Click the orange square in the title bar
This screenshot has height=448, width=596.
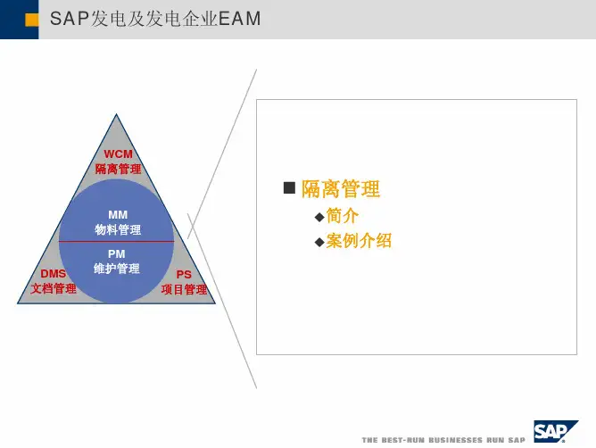[31, 20]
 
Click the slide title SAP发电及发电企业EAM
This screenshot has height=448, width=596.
[155, 19]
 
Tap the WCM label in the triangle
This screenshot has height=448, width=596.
[118, 154]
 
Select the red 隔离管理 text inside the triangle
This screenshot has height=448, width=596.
[118, 169]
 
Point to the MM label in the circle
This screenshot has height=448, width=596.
[118, 215]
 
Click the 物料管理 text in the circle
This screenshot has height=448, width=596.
[118, 229]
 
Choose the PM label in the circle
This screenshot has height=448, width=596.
[117, 254]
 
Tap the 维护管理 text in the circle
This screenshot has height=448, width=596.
[117, 269]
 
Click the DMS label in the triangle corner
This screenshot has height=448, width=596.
[54, 274]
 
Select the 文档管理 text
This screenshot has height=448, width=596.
[54, 288]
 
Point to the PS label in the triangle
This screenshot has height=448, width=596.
[184, 275]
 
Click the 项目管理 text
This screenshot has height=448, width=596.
[184, 289]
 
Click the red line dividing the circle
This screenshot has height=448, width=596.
[116, 242]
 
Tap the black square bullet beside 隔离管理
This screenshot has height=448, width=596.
[289, 187]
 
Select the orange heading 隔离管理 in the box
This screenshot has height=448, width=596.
[341, 188]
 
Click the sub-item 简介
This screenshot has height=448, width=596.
[342, 216]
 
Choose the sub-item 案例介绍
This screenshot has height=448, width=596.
[359, 240]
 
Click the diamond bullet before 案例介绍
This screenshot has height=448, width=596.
[319, 242]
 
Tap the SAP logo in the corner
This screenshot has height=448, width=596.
[556, 431]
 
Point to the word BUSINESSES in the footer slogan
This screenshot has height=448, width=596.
[455, 440]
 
